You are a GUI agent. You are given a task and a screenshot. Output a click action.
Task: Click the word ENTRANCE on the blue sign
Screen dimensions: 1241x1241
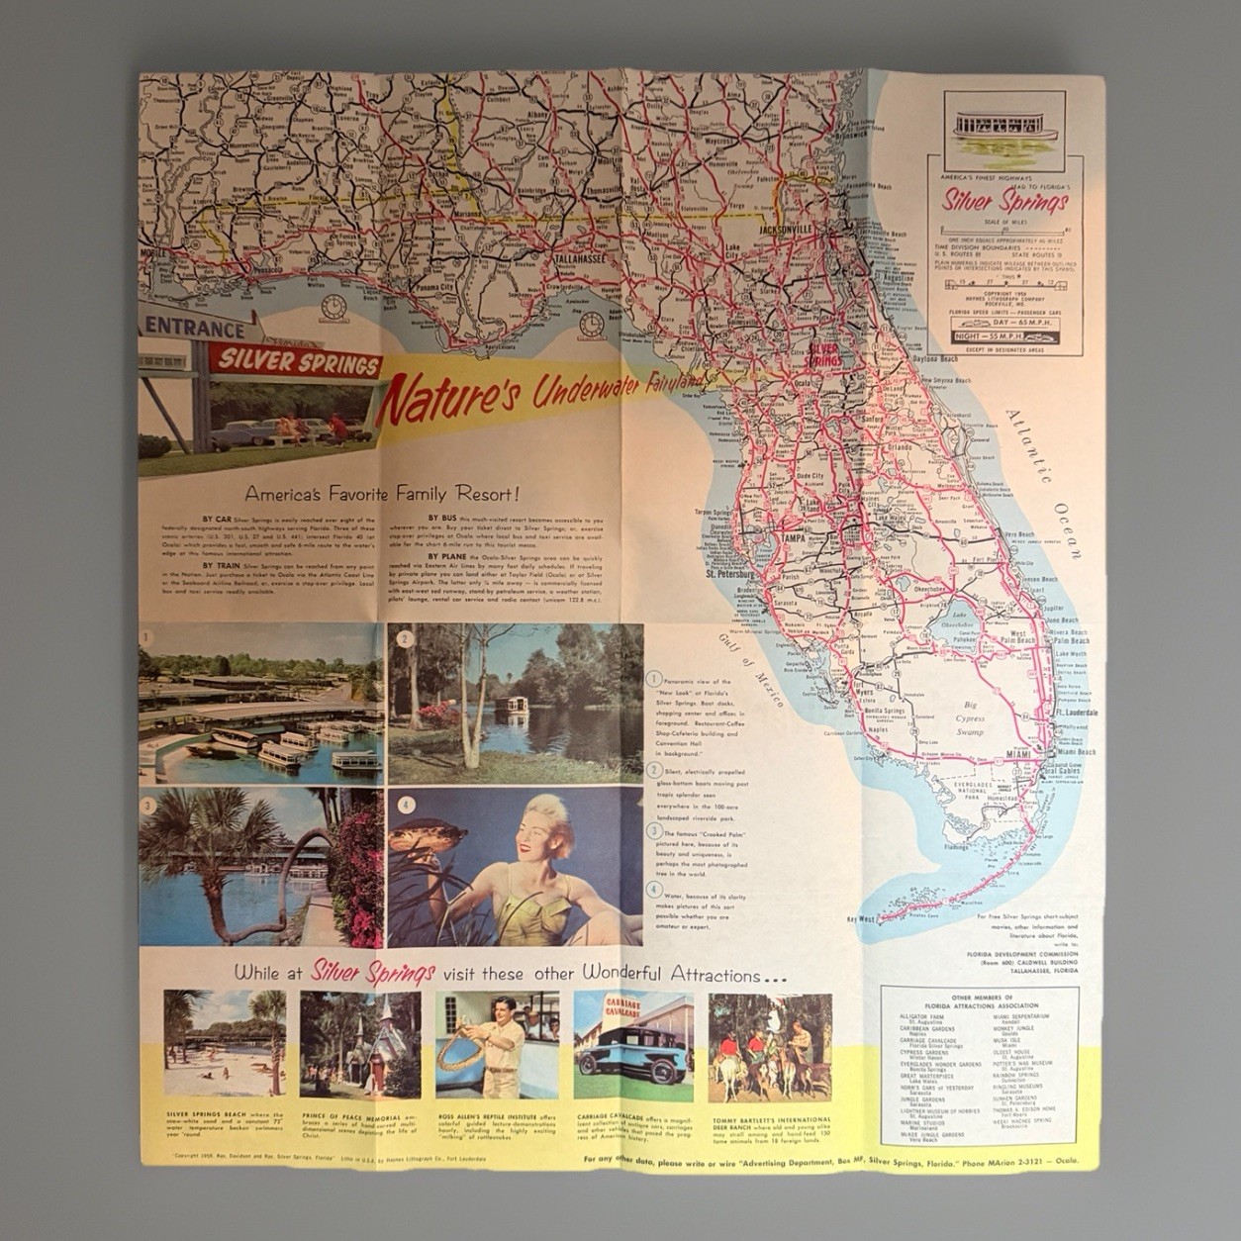(x=195, y=329)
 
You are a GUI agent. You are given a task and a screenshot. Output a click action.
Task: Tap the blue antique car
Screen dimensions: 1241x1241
(x=630, y=1051)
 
